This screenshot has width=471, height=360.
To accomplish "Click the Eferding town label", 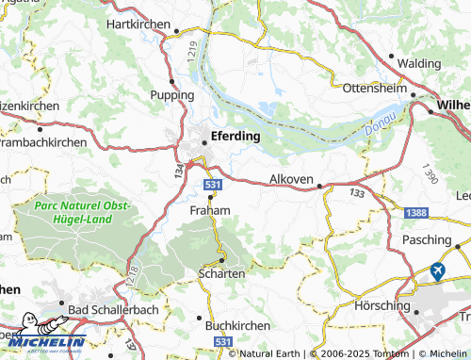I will pyautogui.click(x=236, y=135).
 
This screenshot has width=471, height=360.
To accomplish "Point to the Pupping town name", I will pyautogui.click(x=171, y=95).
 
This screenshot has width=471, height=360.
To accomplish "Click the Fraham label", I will pyautogui.click(x=209, y=210).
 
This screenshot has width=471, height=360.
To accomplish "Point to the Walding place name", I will pyautogui.click(x=419, y=62).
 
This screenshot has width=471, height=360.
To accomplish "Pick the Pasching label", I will pyautogui.click(x=428, y=242).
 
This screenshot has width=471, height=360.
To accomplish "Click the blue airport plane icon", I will pyautogui.click(x=437, y=271).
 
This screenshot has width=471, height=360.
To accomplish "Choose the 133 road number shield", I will pyautogui.click(x=357, y=193).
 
